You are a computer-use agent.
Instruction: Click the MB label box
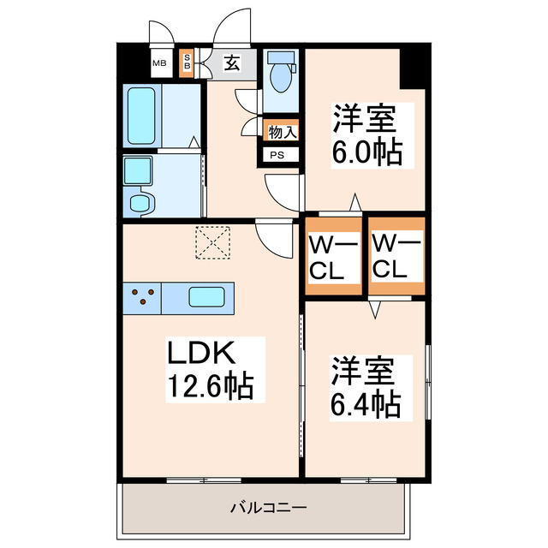[159, 63]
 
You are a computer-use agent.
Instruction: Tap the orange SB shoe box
[188, 63]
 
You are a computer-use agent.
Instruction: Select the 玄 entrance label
[232, 62]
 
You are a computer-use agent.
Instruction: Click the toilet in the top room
[280, 72]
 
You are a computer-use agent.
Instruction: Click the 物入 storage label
[282, 133]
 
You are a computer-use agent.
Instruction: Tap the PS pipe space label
[280, 156]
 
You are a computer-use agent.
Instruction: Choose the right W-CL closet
[396, 257]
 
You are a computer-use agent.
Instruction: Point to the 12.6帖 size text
[209, 386]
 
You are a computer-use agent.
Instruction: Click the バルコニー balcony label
[268, 508]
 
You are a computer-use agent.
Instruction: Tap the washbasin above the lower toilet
[136, 170]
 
